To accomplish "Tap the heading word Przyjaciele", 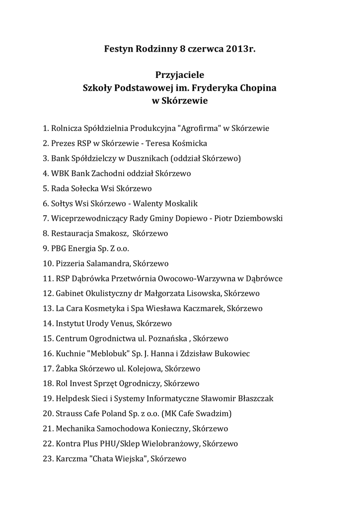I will click(x=180, y=75).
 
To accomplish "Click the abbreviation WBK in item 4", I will click(x=60, y=174).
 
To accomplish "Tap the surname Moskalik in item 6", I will click(x=181, y=203).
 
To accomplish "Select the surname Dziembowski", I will click(x=258, y=219).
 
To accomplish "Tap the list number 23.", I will click(x=48, y=459).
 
